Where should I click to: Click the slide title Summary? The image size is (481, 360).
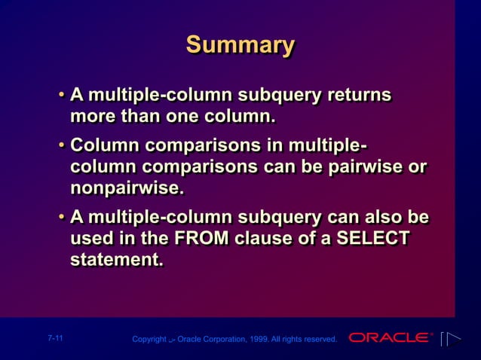240,44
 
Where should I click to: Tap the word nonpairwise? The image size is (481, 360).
125,186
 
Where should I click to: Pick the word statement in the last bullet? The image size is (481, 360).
115,260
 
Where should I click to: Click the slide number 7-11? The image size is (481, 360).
54,339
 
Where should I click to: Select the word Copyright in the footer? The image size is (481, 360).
149,340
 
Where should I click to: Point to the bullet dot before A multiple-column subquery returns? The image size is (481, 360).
61,96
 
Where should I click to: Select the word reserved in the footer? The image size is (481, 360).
320,340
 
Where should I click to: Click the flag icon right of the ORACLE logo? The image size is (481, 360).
450,339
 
